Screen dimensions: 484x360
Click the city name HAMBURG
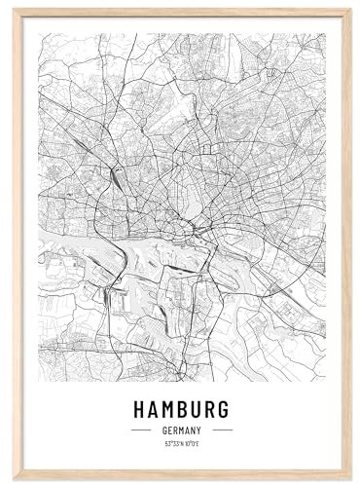click(x=182, y=406)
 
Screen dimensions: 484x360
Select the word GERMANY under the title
click(x=182, y=429)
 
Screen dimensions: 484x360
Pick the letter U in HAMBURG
click(x=197, y=406)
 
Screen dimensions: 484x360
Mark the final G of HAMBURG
click(x=224, y=406)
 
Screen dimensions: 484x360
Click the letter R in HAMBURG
click(x=210, y=406)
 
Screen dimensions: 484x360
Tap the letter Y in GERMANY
click(x=200, y=429)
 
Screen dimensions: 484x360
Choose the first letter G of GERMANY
click(x=163, y=429)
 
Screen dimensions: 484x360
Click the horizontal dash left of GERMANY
click(x=141, y=429)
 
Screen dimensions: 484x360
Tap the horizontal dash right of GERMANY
click(x=223, y=429)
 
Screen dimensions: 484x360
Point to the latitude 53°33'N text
click(x=172, y=443)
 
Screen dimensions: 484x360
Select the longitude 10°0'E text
click(x=193, y=443)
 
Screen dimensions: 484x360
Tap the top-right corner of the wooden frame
click(x=348, y=10)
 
